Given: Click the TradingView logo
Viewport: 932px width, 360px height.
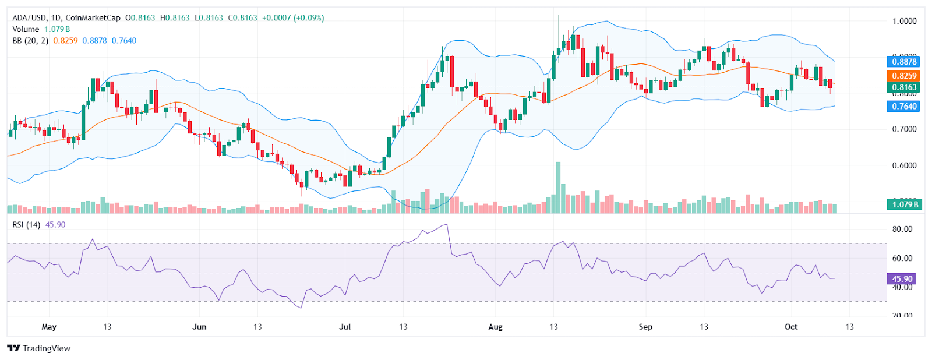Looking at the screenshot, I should pos(38,348).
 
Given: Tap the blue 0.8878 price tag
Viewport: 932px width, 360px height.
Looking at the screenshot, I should pos(904,62).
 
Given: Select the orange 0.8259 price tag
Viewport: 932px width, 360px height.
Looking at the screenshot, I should pos(904,76).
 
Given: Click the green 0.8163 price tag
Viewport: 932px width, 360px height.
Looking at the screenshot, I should pos(904,87).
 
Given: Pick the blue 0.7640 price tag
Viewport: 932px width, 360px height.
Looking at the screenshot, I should pos(904,106).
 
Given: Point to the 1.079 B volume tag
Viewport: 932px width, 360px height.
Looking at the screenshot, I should pos(904,204).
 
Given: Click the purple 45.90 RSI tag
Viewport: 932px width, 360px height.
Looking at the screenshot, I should pos(902,279).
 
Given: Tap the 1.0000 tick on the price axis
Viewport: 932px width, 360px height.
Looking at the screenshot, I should pos(904,21).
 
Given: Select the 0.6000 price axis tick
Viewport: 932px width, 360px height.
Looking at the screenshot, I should pos(904,165).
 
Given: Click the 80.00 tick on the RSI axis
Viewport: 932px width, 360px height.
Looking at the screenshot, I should pos(902,229).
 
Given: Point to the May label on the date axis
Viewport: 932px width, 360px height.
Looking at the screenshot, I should pos(49,327).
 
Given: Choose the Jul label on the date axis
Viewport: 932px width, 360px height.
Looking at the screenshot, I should pos(345,327).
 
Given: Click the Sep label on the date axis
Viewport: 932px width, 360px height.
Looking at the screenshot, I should pos(645,327).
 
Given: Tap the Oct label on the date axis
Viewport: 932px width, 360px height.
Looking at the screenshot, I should pos(791,327).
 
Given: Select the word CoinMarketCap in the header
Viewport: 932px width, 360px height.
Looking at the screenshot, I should pos(93,18).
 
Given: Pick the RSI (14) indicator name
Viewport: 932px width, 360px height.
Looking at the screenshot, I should pos(27,225).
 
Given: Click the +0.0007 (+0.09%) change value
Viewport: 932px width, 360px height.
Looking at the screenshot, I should pos(293,18).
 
